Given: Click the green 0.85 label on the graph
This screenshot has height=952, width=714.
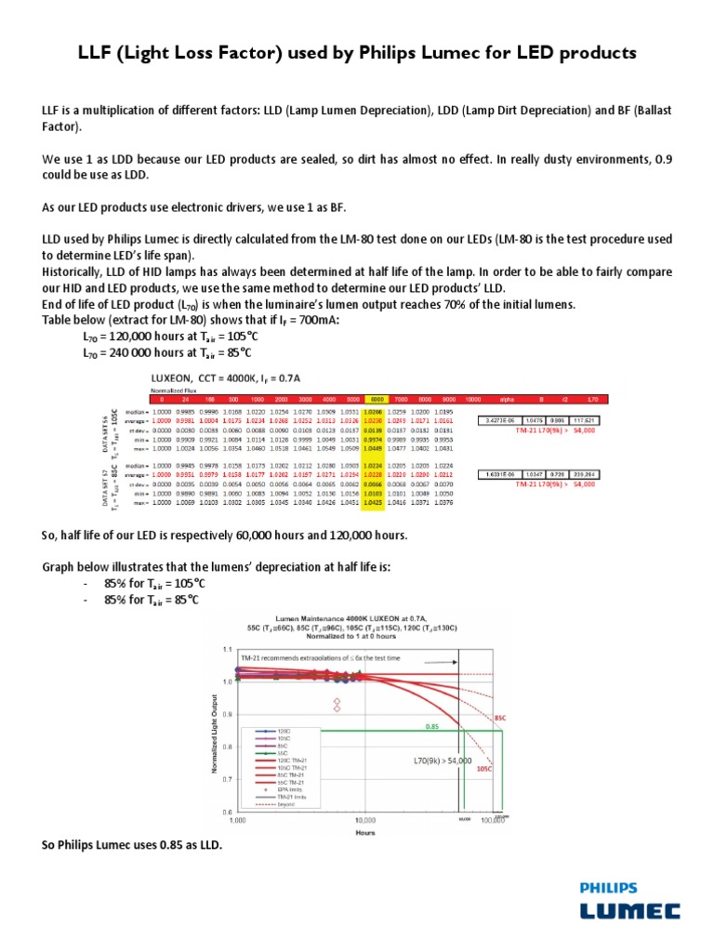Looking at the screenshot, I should coord(432,726).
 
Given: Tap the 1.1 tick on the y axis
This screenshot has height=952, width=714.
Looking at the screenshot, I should coord(229,648).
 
